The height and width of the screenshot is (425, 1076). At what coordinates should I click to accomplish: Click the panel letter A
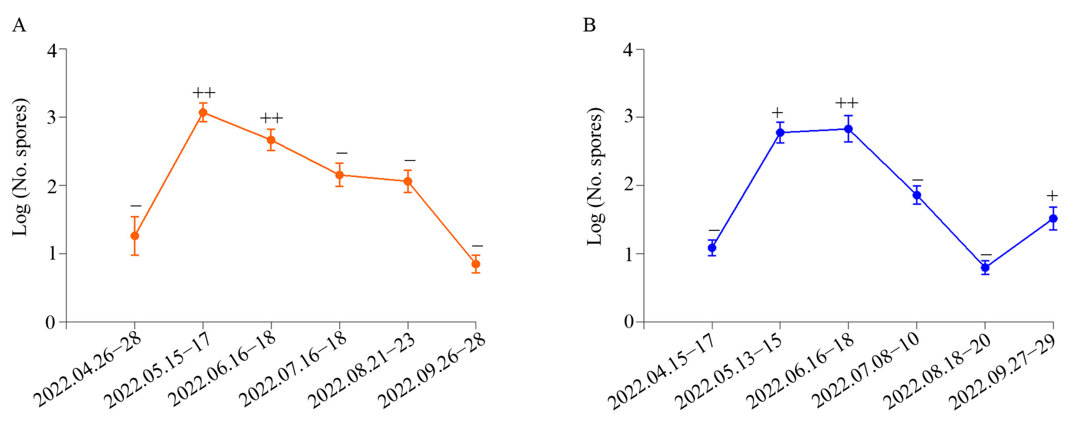[19, 26]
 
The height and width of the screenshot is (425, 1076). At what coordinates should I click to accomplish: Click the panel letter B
[589, 26]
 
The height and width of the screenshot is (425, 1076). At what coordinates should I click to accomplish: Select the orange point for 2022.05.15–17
[203, 113]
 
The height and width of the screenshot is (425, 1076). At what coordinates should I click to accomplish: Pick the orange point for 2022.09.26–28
[476, 264]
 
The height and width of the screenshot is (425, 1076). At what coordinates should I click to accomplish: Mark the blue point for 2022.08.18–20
[985, 267]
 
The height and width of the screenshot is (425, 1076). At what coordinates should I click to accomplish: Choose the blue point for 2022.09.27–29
[1053, 218]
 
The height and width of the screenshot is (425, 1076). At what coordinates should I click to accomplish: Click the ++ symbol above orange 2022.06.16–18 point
[272, 118]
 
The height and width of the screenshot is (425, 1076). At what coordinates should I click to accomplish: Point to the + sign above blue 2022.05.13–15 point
[777, 113]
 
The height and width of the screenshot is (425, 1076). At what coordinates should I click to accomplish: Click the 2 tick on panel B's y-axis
[628, 185]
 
